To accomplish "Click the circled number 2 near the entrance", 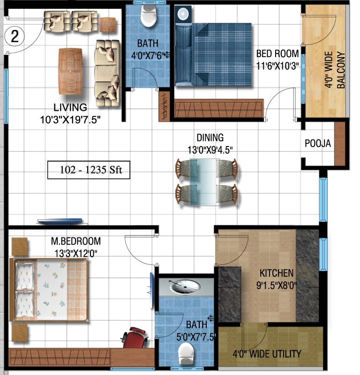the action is tap(15, 37).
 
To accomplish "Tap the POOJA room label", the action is tap(318, 143).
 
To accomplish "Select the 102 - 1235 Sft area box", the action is tap(89, 170).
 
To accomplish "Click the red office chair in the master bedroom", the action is tap(135, 338).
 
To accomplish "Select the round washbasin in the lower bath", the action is tap(185, 286).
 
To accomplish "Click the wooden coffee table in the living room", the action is tap(70, 71).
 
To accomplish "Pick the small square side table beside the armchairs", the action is tap(108, 25).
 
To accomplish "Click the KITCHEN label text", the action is tap(277, 273).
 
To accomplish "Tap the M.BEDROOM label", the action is tap(76, 241).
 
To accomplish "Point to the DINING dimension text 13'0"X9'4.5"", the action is tap(210, 150).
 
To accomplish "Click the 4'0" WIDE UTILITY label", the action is tap(267, 354).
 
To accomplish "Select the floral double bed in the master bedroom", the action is tap(49, 290).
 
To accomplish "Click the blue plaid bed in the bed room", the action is tap(213, 54).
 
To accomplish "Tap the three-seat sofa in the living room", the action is tap(107, 73).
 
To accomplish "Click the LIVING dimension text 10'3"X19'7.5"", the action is tap(70, 119).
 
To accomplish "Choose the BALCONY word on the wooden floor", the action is tap(341, 70).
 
